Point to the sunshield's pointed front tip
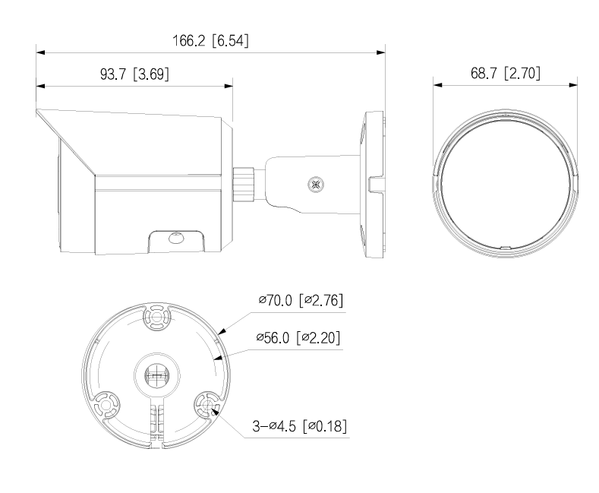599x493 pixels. [37, 112]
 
